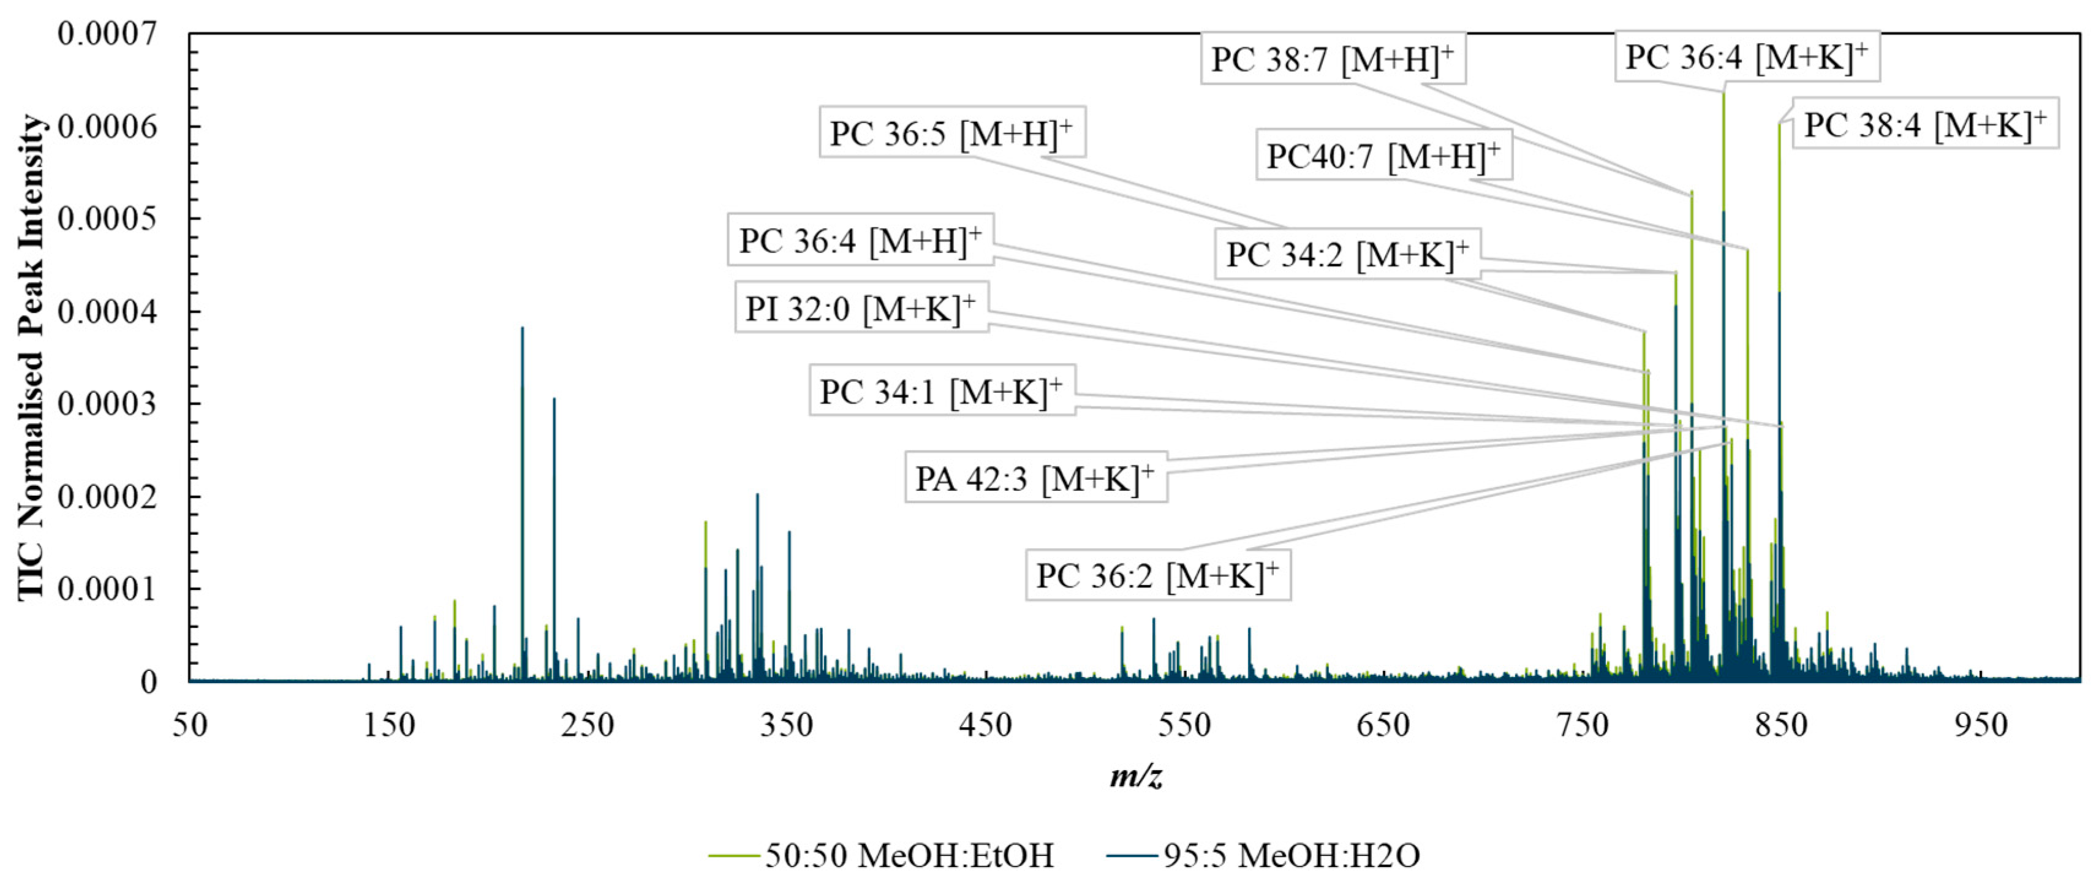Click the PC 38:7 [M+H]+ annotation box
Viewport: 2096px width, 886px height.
1333,59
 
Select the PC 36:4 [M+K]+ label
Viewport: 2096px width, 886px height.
1746,57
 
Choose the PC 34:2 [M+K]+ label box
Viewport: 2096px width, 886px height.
1347,255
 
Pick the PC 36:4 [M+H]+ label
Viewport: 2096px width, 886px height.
860,241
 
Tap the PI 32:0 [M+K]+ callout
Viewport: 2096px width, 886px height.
860,308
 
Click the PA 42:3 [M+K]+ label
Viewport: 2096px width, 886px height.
1034,479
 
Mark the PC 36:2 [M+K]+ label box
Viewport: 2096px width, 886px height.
1156,576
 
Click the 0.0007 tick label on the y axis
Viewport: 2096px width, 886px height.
107,34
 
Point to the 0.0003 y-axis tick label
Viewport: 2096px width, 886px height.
107,404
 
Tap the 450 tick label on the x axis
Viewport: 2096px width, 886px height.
985,724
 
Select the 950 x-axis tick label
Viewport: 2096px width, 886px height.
1980,724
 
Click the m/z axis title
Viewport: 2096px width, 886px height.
1136,775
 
